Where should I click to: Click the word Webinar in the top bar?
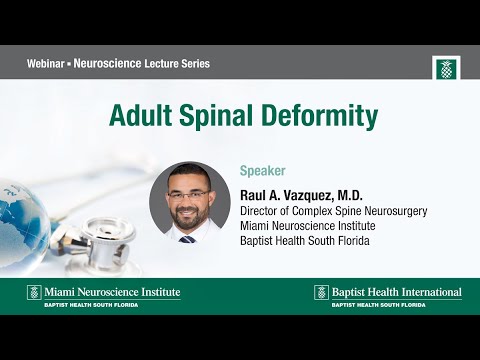[x=49, y=63]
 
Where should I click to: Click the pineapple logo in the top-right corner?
[x=445, y=68]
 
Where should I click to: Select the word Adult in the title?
[x=140, y=116]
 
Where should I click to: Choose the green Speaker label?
[x=263, y=170]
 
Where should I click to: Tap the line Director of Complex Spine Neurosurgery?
[x=334, y=211]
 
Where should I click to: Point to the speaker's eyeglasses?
[x=189, y=195]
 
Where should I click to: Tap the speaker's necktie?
[x=188, y=238]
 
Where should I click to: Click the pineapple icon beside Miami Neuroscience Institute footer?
[x=33, y=293]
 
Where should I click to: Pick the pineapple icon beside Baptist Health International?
[x=321, y=293]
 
